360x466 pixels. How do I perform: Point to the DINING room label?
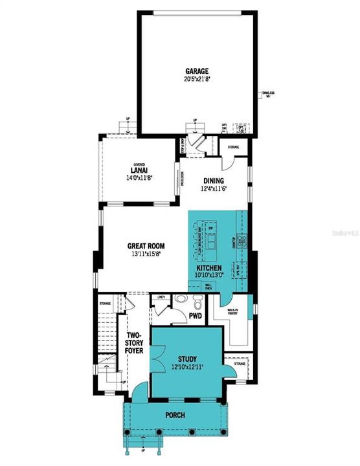pyautogui.click(x=214, y=182)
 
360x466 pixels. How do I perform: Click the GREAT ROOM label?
pyautogui.click(x=145, y=246)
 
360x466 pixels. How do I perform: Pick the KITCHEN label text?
pyautogui.click(x=209, y=267)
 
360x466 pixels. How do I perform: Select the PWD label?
pyautogui.click(x=196, y=316)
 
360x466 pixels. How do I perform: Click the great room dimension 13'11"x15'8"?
pyautogui.click(x=145, y=254)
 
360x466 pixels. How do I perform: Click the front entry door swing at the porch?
pyautogui.click(x=139, y=392)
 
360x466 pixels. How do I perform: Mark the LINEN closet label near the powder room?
pyautogui.click(x=161, y=297)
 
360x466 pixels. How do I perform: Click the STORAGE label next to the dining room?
pyautogui.click(x=232, y=148)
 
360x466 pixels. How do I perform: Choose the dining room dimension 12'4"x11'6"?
pyautogui.click(x=214, y=189)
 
